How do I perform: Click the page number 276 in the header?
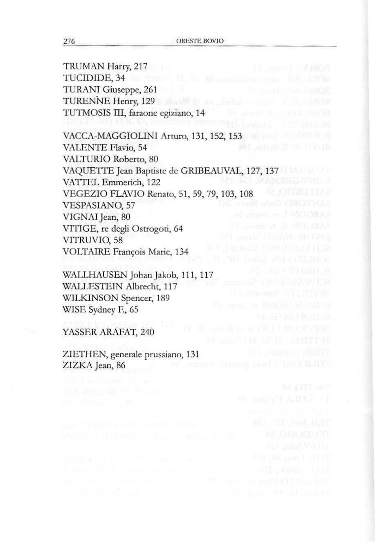coord(68,42)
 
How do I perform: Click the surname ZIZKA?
coord(76,366)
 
